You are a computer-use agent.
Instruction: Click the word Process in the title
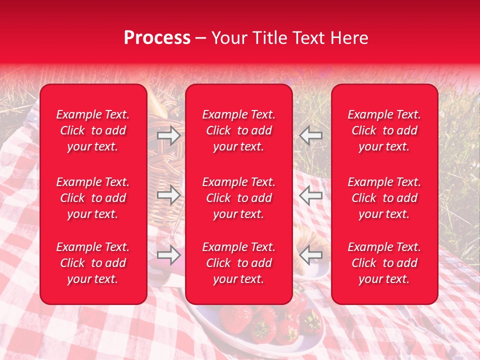click(x=157, y=38)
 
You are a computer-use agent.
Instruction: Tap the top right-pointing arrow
click(x=168, y=135)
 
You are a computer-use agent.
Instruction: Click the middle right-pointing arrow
click(x=168, y=195)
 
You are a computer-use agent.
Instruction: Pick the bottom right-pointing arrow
click(x=168, y=255)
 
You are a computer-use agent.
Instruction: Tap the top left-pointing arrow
click(x=310, y=135)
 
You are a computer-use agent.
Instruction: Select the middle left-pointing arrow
click(x=310, y=195)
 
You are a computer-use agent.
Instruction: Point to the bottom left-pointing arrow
click(x=310, y=255)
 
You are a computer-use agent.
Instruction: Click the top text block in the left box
click(x=93, y=130)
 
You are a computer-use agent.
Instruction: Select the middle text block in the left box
click(x=93, y=198)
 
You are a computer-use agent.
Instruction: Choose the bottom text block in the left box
click(x=93, y=263)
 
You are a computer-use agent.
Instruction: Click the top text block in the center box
click(x=238, y=130)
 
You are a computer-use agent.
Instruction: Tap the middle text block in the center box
click(x=238, y=198)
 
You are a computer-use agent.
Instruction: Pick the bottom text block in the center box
click(x=238, y=263)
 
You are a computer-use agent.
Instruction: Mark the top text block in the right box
click(x=384, y=130)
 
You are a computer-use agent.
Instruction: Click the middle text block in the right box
click(x=384, y=198)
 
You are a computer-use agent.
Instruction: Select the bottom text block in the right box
click(x=384, y=263)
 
